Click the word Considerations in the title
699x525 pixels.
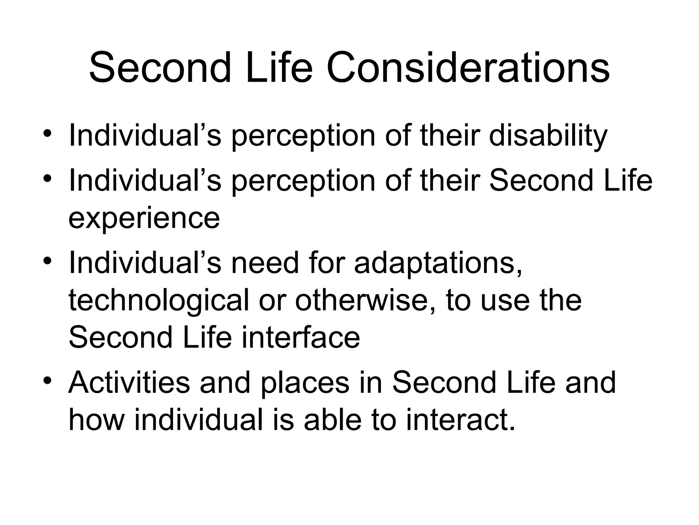click(468, 67)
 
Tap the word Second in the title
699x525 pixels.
click(160, 67)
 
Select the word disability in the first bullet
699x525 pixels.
click(548, 136)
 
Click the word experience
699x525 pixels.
click(144, 219)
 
